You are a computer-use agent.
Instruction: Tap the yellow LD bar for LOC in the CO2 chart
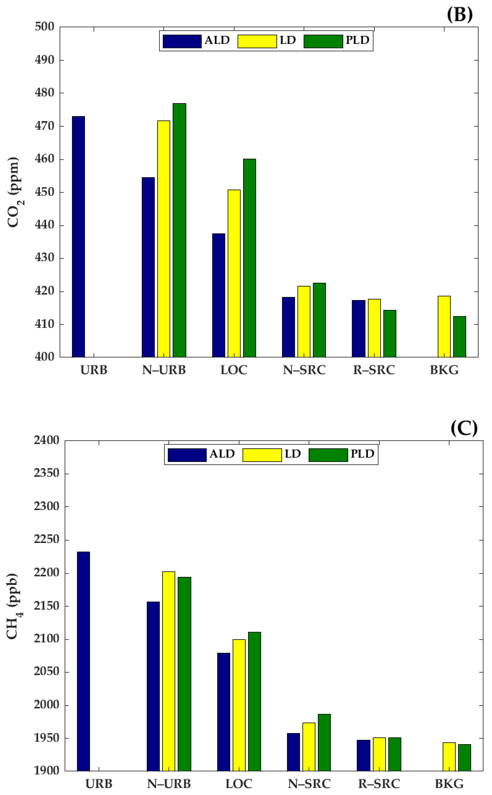(234, 273)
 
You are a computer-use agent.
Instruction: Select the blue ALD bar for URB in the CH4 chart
(83, 661)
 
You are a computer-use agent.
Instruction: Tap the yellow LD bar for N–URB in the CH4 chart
(169, 671)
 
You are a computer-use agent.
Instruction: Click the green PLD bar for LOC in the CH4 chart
(254, 701)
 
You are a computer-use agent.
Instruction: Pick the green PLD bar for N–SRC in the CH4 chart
(324, 742)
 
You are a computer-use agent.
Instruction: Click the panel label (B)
(459, 15)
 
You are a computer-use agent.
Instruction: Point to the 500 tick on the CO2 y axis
(45, 27)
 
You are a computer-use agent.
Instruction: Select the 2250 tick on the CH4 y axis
(46, 539)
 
